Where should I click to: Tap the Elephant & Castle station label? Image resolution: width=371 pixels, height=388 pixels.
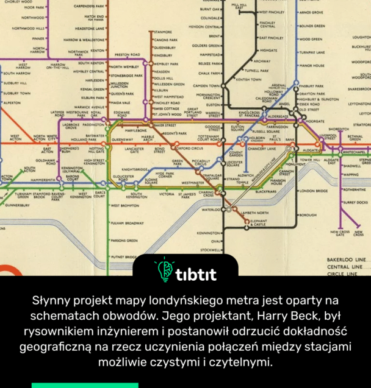[x=258, y=222]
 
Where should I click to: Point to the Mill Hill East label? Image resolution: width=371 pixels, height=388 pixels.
[x=239, y=5]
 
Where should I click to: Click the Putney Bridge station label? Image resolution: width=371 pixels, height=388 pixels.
[x=125, y=257]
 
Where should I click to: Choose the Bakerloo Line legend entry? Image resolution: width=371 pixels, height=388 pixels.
[x=347, y=259]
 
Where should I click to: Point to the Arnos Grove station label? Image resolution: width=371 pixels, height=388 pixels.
[x=312, y=12]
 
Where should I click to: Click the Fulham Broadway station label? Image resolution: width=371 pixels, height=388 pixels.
[x=127, y=224]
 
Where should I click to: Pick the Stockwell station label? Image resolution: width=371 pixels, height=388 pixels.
[x=211, y=250]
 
